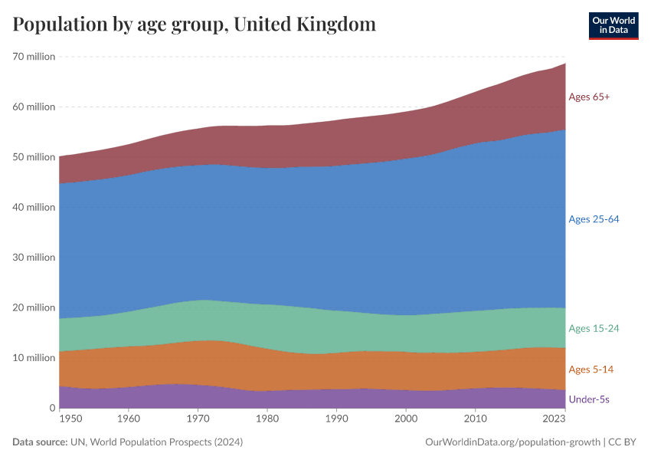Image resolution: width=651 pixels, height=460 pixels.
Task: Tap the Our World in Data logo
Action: click(613, 25)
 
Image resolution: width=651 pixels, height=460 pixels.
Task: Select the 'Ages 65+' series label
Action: click(589, 97)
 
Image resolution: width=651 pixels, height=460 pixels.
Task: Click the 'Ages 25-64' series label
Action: click(594, 219)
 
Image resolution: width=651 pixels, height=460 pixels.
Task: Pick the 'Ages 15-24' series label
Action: click(594, 329)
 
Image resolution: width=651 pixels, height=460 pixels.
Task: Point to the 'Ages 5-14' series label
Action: click(590, 370)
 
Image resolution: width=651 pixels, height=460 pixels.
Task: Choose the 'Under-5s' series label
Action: click(589, 399)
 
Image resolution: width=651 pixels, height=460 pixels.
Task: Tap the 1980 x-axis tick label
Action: click(267, 419)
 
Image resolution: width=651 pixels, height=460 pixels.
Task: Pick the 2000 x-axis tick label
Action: click(406, 419)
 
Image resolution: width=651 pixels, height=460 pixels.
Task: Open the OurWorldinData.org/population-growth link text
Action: click(511, 442)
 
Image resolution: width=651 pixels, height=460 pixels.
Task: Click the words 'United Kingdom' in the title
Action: click(304, 25)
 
